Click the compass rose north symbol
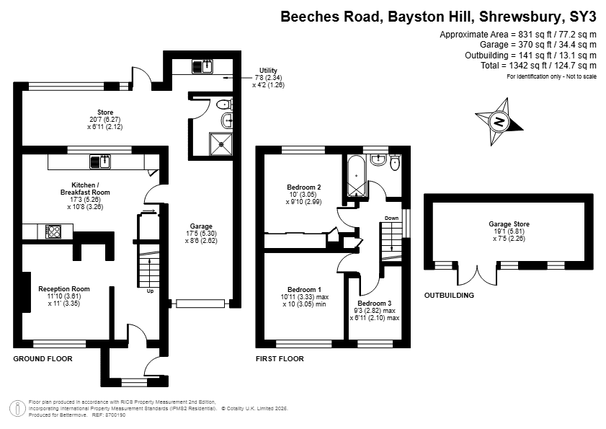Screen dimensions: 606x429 tap(499, 122)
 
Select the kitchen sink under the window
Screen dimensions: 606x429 tap(100, 162)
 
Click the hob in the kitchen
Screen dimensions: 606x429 tap(53, 231)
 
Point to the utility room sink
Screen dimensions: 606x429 tap(202, 66)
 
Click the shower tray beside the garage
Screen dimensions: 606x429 tap(221, 144)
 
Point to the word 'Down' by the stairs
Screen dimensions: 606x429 tap(391, 218)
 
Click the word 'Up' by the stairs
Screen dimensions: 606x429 tap(150, 291)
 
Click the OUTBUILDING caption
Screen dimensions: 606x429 tap(449, 295)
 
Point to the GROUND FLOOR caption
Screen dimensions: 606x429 tap(43, 358)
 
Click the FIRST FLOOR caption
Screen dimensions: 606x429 tap(280, 358)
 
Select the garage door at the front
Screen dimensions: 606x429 tap(200, 304)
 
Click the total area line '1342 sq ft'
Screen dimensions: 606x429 tap(538, 66)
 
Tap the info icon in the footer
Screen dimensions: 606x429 tap(17, 409)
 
